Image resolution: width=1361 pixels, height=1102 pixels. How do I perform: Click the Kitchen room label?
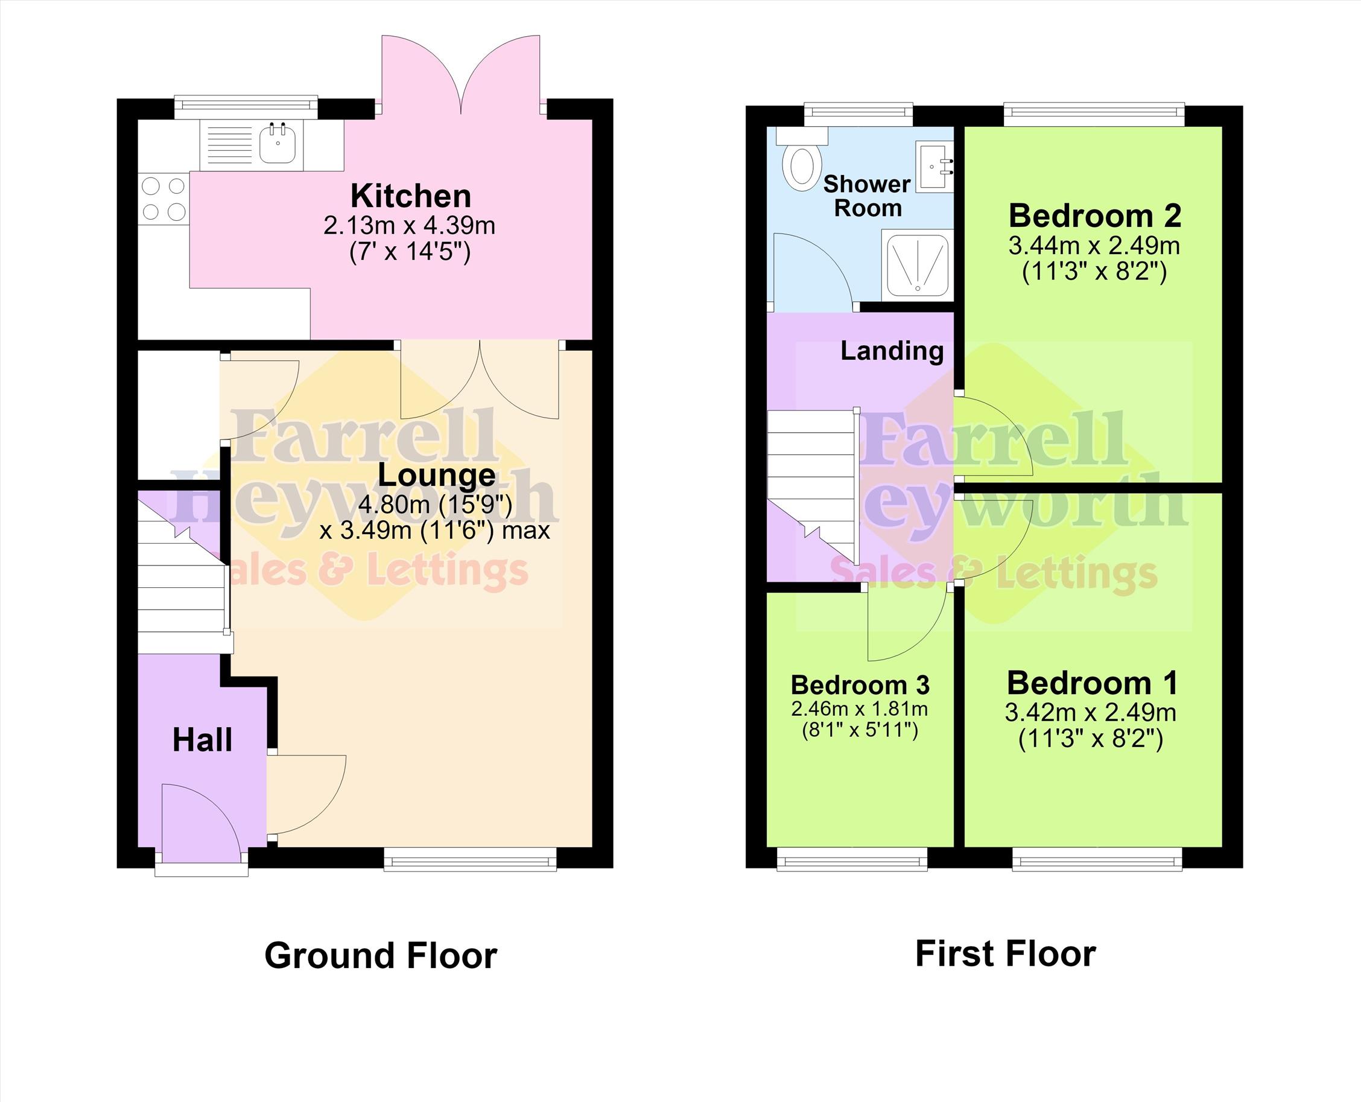pos(410,196)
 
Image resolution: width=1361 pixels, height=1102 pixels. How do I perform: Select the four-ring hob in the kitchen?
pos(163,199)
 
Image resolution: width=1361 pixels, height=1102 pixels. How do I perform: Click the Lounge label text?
pos(436,476)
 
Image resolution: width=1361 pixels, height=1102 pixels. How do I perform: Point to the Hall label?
pos(203,740)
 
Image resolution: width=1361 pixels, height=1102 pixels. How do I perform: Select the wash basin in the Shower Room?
pos(934,167)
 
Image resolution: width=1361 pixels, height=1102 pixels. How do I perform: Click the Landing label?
pos(892,351)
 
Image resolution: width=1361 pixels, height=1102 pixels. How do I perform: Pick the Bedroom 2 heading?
pos(1094,216)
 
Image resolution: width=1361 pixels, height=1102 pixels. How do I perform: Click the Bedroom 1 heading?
pos(1092,683)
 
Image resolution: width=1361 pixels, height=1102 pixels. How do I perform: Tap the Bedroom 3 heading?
pos(860,685)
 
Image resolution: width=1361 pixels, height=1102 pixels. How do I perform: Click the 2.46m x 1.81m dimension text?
pos(859,709)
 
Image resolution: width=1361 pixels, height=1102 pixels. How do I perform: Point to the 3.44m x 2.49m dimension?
pos(1094,246)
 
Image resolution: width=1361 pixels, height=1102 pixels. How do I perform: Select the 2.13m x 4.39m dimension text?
pos(409,225)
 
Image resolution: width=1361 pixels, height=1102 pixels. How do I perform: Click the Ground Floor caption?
pos(381,956)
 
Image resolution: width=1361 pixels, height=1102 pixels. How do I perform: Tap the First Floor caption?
pos(1006,954)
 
